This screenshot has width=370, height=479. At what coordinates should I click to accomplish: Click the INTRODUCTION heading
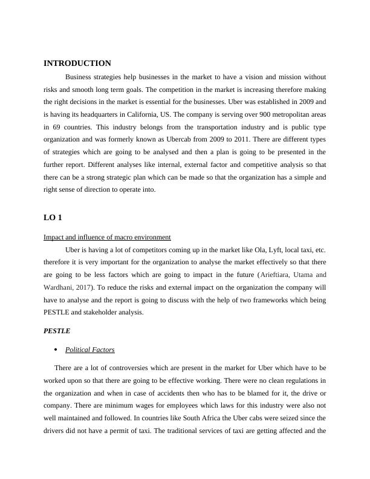(77, 64)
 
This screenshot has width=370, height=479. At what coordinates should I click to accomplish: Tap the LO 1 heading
(53, 218)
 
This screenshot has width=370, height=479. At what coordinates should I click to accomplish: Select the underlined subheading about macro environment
(107, 237)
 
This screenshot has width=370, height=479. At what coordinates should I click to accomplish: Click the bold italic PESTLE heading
(57, 331)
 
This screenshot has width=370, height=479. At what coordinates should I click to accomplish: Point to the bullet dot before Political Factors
(56, 350)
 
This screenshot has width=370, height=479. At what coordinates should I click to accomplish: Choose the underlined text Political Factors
(89, 350)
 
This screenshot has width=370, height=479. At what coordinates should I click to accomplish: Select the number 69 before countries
(62, 126)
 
